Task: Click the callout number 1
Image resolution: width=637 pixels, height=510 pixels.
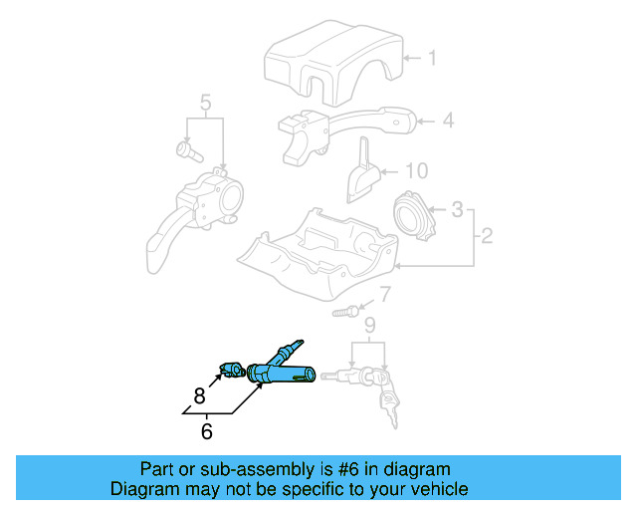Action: (x=432, y=58)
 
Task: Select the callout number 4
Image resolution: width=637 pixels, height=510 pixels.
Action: (x=448, y=121)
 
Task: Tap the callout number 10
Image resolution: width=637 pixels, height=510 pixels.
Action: (x=415, y=169)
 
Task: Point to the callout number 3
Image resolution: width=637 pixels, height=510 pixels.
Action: (x=457, y=210)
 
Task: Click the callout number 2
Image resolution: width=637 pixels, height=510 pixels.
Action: (x=487, y=237)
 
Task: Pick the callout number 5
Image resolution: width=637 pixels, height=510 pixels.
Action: (x=205, y=102)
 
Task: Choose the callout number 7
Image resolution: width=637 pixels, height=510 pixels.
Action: (x=385, y=294)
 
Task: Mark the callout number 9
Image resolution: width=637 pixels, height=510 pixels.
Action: (x=369, y=325)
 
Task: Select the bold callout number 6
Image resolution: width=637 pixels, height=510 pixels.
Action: (x=207, y=431)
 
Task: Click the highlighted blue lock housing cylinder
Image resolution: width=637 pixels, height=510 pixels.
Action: (x=280, y=370)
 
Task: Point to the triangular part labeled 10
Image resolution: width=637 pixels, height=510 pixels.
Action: (x=362, y=172)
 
